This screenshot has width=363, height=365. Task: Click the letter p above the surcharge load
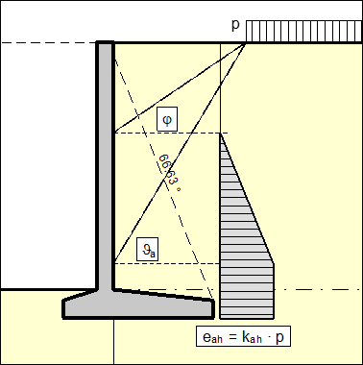pos(236,23)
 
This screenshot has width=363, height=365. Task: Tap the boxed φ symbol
pos(167,119)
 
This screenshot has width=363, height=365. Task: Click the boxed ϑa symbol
pos(147,249)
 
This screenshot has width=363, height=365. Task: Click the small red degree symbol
pos(179,189)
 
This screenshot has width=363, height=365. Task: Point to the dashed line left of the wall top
pos(48,42)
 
